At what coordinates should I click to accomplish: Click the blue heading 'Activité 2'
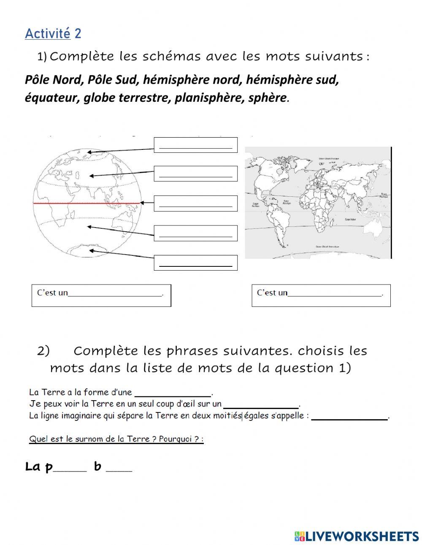[x=53, y=34]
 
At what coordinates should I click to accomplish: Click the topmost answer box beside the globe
[x=195, y=145]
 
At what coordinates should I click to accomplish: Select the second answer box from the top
[x=195, y=174]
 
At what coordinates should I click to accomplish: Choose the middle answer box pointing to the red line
[x=195, y=203]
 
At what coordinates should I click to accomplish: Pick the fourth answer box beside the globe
[x=195, y=233]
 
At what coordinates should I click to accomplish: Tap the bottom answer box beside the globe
[x=195, y=263]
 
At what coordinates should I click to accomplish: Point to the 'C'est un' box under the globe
[x=101, y=295]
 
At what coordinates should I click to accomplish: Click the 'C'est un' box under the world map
[x=321, y=295]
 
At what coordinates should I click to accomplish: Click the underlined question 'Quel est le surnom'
[x=116, y=439]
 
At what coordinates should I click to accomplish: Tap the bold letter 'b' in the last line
[x=97, y=466]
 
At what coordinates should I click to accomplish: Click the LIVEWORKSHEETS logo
[x=357, y=536]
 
